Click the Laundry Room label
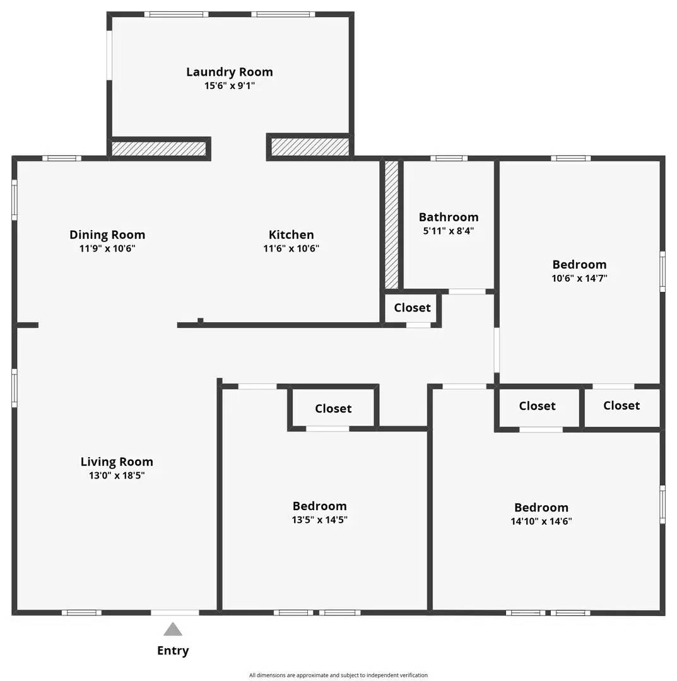click(230, 72)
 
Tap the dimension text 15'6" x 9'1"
click(230, 86)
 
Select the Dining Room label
click(107, 235)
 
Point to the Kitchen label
click(291, 235)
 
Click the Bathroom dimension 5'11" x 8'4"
click(449, 231)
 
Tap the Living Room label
click(117, 462)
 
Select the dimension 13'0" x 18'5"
click(117, 475)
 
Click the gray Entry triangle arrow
click(173, 629)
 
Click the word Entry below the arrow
click(173, 651)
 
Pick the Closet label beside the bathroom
click(412, 308)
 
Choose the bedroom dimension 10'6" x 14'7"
click(579, 278)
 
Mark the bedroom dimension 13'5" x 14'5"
click(319, 520)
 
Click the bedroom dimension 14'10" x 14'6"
click(541, 521)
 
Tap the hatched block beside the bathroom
click(392, 224)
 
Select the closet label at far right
click(621, 405)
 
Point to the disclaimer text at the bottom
click(338, 675)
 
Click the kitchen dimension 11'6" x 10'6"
click(291, 248)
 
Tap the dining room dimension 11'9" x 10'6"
click(107, 248)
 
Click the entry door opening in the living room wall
click(175, 612)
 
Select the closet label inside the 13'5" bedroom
click(333, 409)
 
